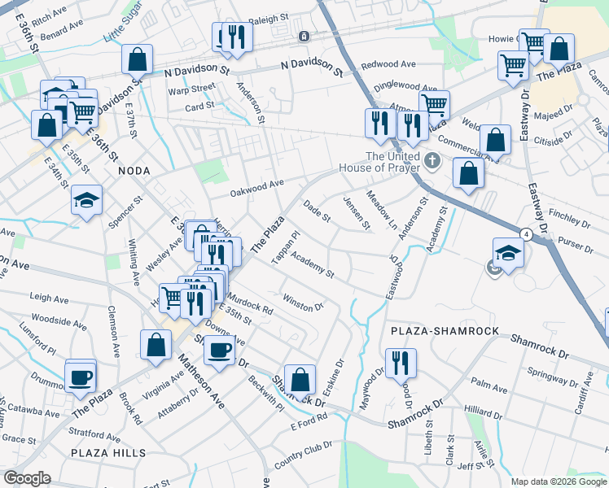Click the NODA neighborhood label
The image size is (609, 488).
(x=134, y=172)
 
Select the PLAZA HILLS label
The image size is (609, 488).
(x=108, y=453)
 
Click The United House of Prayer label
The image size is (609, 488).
(x=392, y=162)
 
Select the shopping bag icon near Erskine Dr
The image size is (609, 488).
(x=300, y=379)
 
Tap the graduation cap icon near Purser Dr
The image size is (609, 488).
(x=508, y=253)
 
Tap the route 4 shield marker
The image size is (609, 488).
(x=527, y=234)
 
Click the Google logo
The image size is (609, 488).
(x=27, y=478)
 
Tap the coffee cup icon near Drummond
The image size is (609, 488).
(x=81, y=377)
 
